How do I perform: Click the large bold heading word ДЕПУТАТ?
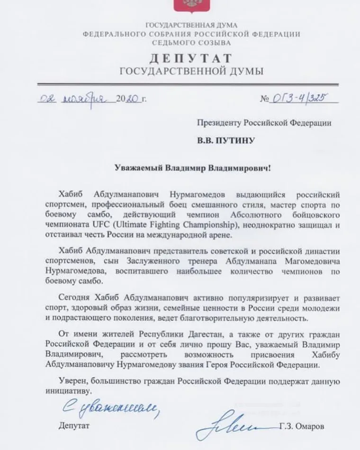click(x=191, y=59)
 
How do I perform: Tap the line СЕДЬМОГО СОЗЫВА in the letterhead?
click(x=191, y=43)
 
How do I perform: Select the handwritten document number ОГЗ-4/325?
click(x=299, y=99)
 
